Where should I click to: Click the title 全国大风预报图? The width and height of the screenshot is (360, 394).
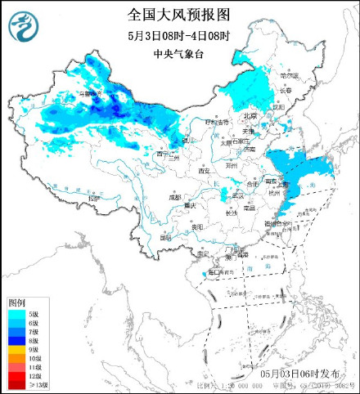pos(180,14)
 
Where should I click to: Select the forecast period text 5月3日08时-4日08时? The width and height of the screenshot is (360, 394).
pos(180,37)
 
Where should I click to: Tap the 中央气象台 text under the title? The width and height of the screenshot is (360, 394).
pos(180,55)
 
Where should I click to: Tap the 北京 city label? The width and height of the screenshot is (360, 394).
pos(250,116)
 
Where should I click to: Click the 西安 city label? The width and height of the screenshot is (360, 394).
pos(205,170)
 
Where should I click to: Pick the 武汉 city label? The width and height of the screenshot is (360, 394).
pos(238,195)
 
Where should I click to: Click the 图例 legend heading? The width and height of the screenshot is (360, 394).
pos(17,302)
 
